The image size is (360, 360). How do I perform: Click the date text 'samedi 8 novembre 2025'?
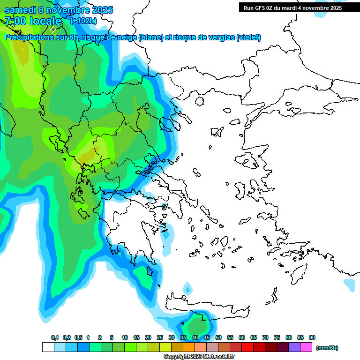pos(59,10)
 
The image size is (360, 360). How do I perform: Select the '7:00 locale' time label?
pos(33,21)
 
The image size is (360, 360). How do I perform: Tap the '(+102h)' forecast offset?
pos(83,21)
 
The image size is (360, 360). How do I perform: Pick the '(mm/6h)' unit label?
pos(327,348)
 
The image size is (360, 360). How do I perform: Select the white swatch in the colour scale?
pos(48,347)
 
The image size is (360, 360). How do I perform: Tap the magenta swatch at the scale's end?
pos(307,347)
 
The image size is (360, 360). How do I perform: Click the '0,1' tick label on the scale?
pos(55,337)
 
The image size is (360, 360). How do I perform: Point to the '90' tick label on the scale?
pos(312,337)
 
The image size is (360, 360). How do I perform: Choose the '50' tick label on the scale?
pos(218,337)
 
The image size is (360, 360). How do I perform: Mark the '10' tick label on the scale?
pos(125,337)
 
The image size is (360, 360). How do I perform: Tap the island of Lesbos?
pos(251,161)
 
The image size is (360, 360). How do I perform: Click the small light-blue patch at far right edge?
pos(349,285)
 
